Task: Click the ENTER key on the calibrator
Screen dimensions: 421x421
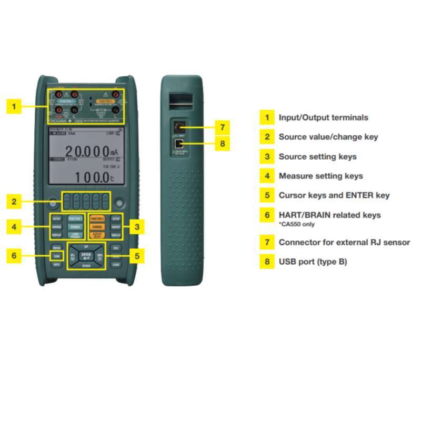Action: pos(86,256)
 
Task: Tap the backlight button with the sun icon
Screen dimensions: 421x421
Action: pos(121,203)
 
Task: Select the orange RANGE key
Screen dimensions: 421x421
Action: pos(96,227)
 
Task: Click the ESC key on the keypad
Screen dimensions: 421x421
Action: pos(116,247)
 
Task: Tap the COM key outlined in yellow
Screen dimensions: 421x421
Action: pos(56,256)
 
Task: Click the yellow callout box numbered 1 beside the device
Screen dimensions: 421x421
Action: pos(14,106)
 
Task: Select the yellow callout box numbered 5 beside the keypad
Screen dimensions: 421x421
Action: pos(137,256)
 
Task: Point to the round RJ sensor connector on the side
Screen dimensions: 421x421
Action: pos(179,127)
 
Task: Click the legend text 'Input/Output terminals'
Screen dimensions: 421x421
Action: pos(323,117)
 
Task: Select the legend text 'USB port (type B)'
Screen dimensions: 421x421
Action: pos(313,262)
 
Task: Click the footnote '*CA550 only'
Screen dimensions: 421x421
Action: pos(297,224)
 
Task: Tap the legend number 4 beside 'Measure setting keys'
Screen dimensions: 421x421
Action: pos(267,176)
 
